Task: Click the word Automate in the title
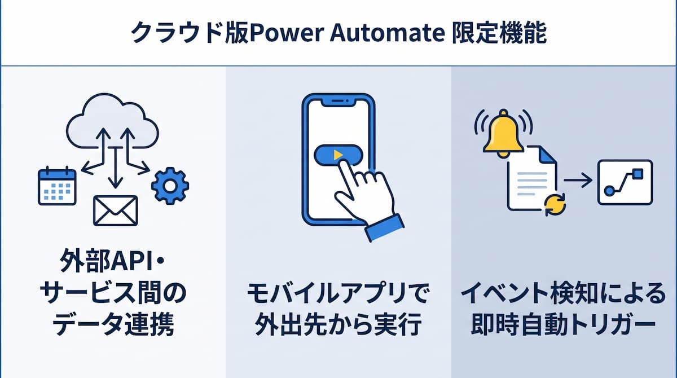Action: (388, 33)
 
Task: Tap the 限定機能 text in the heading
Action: (500, 33)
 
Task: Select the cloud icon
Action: (112, 121)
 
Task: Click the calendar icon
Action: (57, 186)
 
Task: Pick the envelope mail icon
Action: (116, 210)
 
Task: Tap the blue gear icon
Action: (170, 186)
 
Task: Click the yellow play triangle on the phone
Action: (338, 155)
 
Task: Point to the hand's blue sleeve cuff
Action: (384, 227)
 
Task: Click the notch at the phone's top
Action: (338, 102)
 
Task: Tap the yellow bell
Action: (503, 133)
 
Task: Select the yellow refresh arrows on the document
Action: (555, 205)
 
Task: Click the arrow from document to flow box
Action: (578, 181)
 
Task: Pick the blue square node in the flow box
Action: (638, 174)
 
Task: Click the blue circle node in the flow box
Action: (609, 191)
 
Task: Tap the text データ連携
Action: (113, 324)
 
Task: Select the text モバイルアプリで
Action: (337, 293)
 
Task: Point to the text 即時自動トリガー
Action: (564, 324)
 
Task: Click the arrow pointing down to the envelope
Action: (115, 168)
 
